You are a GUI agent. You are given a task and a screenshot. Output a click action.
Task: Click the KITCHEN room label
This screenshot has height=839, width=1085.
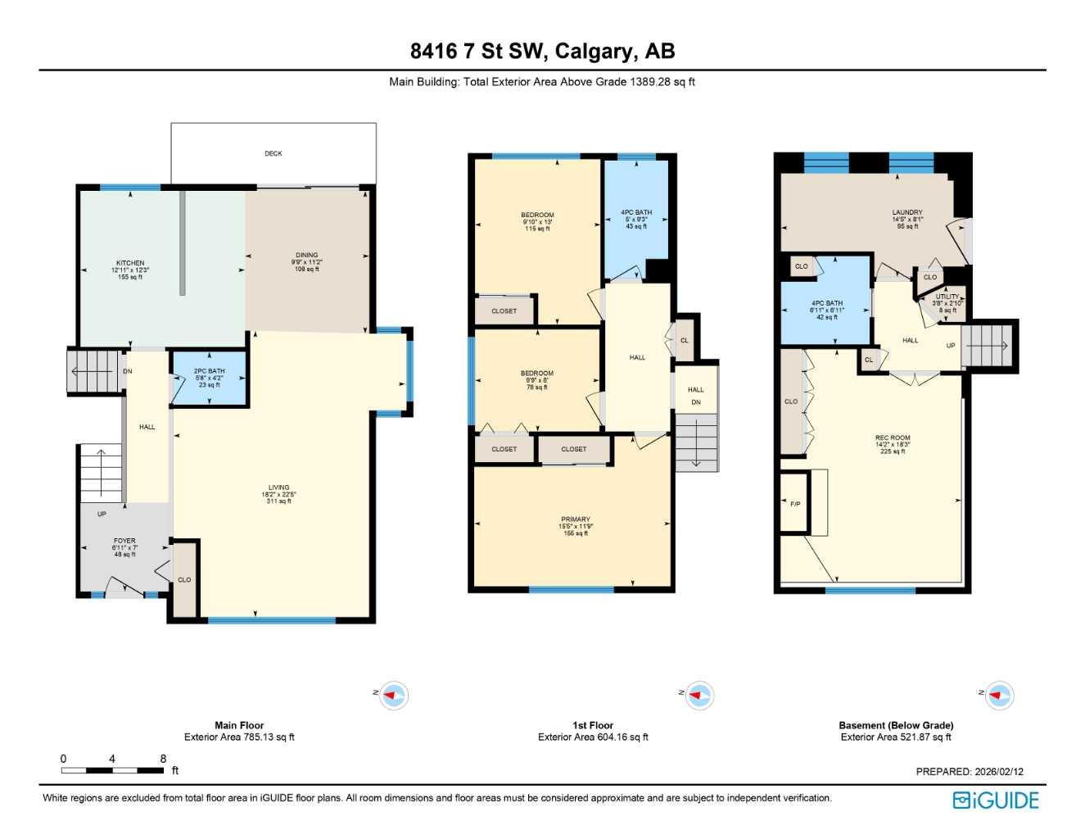130,264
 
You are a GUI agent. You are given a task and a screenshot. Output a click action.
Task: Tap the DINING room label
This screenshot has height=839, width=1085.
307,256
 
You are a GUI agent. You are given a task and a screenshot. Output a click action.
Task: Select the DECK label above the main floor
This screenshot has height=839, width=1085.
274,154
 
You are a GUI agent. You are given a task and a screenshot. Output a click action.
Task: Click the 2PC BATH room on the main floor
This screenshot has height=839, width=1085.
210,378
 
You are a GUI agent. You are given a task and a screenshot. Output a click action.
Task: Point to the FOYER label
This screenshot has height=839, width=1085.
124,542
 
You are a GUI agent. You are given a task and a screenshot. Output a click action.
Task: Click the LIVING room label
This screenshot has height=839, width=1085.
278,488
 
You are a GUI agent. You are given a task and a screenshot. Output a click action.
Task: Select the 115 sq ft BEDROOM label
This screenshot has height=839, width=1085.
537,215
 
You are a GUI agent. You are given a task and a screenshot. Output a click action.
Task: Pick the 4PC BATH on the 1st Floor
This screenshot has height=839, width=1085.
636,213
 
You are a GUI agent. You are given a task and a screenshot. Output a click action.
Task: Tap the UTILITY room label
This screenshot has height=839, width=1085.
947,297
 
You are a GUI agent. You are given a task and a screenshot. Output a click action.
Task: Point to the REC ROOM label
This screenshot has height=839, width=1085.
893,438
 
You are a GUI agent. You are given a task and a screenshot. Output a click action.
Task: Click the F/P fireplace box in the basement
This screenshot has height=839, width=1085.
795,504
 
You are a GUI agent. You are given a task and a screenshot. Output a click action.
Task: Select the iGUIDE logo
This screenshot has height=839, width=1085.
996,800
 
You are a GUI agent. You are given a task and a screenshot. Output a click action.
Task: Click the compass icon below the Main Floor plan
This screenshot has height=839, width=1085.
394,696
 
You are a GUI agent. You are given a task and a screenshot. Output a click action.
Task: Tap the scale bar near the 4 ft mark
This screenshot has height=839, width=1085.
112,770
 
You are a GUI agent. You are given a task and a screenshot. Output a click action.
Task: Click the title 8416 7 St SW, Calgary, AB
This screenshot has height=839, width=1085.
542,51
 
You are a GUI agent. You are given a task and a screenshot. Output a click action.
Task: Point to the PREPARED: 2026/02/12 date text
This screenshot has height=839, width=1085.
970,772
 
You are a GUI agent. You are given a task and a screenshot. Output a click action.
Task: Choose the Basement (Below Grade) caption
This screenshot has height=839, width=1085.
896,725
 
